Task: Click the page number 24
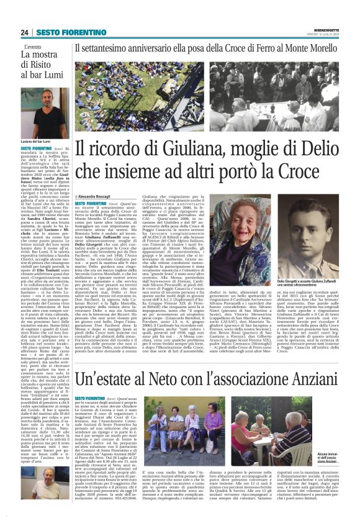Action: [24, 32]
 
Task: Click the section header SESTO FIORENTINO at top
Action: [63, 32]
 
